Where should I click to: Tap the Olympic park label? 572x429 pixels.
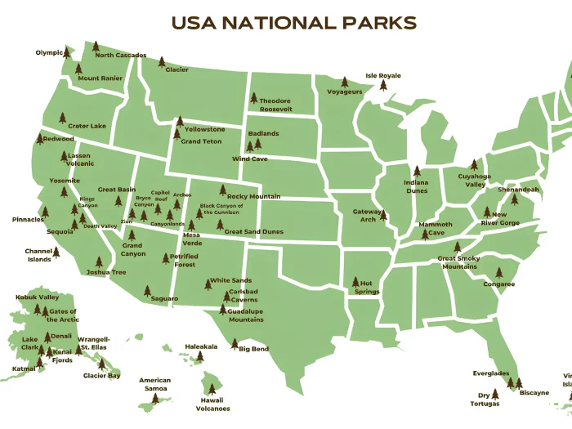pos(49,53)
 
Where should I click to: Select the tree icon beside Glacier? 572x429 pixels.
pos(162,62)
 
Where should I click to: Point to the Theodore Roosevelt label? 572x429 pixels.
pos(275,105)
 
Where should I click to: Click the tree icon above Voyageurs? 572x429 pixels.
pos(344,83)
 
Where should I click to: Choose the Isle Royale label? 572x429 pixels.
pos(383,76)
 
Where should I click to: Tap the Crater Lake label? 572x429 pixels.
pos(87,126)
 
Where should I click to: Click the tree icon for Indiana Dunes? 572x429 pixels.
pos(417,172)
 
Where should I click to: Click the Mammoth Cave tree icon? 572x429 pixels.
pos(425,233)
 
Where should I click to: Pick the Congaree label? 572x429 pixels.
pos(498,284)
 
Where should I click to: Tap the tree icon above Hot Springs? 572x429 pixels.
pos(355,283)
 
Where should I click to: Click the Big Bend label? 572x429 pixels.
pos(253,349)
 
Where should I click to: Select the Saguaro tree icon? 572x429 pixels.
pos(147,291)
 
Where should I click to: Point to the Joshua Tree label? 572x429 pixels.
pos(106,272)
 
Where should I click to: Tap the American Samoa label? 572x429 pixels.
pos(154,385)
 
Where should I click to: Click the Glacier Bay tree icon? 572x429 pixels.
pos(103,364)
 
